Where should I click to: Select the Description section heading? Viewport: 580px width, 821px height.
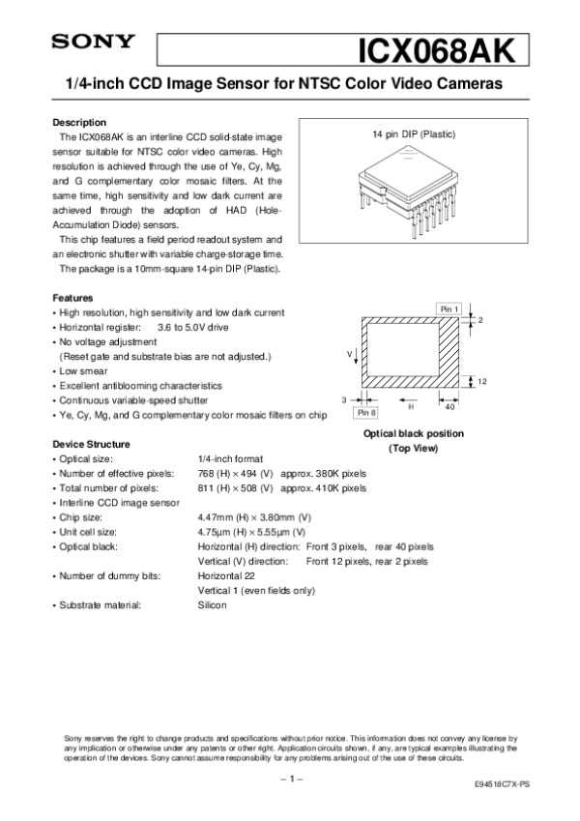point(78,123)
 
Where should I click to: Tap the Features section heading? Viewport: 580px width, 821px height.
point(72,298)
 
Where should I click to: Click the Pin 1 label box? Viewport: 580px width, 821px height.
point(449,308)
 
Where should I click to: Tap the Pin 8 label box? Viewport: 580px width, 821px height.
point(366,412)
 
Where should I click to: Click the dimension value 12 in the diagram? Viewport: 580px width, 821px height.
point(481,382)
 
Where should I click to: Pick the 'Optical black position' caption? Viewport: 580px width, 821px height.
point(413,433)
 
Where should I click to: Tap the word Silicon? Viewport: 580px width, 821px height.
point(212,605)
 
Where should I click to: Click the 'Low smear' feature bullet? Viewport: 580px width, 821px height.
point(83,370)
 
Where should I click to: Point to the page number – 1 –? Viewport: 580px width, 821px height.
point(290,777)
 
